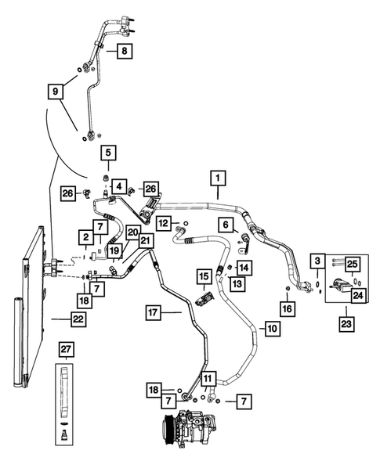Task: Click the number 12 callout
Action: [x=162, y=224]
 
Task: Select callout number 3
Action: [x=317, y=261]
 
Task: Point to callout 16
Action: [x=288, y=309]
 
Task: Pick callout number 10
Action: [x=271, y=330]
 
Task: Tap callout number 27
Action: [x=66, y=348]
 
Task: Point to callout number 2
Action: [x=84, y=237]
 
